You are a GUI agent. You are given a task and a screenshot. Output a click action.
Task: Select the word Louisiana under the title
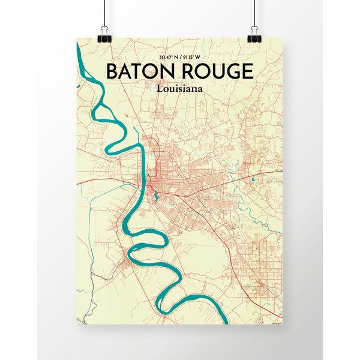pyautogui.click(x=179, y=88)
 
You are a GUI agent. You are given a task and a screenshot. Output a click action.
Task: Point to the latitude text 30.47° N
pyautogui.click(x=167, y=57)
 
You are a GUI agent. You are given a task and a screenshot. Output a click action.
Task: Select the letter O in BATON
pyautogui.click(x=149, y=71)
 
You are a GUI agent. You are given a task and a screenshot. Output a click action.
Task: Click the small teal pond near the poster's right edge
pyautogui.click(x=254, y=178)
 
